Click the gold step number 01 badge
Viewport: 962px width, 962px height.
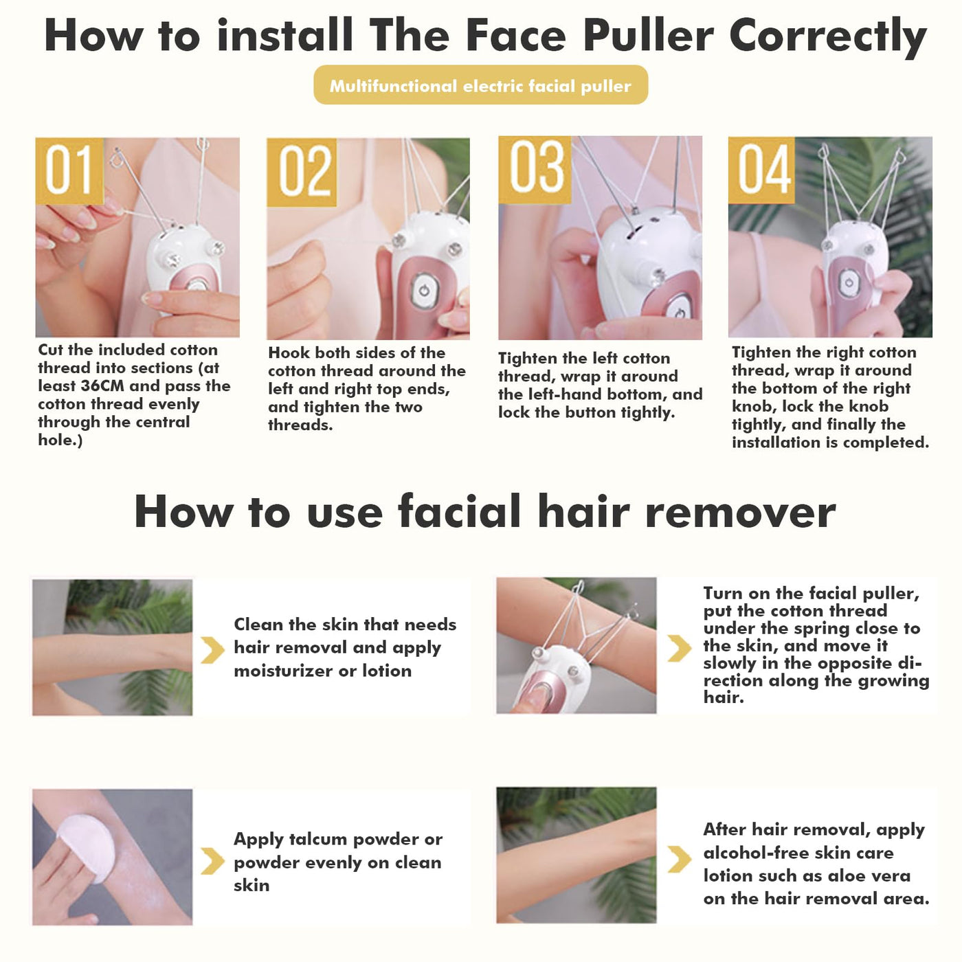coord(69,170)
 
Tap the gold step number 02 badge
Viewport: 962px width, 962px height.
coord(302,172)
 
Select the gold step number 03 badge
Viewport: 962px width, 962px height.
coord(534,170)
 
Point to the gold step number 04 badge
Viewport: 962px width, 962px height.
coord(761,170)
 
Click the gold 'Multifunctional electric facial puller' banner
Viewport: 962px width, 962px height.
coord(480,85)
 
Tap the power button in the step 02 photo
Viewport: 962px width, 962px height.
coord(424,291)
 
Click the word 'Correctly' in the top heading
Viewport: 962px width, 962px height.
coord(828,37)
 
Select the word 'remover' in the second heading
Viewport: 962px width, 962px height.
coord(740,512)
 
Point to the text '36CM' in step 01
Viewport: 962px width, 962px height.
coord(102,386)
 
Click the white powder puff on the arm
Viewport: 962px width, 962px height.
coord(86,848)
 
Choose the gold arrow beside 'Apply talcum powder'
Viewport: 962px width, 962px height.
coord(212,861)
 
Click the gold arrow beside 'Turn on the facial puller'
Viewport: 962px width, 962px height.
coord(680,648)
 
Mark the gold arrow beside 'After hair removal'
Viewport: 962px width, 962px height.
coord(680,860)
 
